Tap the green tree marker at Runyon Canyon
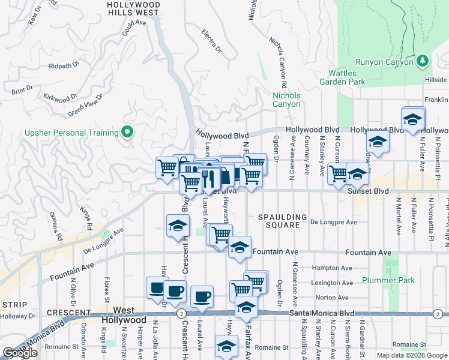tap(423, 61)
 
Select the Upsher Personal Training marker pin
tap(127, 132)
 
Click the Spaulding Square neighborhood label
tap(282, 221)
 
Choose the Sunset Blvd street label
tap(368, 191)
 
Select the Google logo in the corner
tap(20, 353)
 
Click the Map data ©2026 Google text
tap(411, 355)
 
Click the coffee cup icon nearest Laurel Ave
tap(202, 296)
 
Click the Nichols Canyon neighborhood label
tap(286, 100)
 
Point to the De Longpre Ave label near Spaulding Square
tap(334, 222)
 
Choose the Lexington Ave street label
tap(332, 283)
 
